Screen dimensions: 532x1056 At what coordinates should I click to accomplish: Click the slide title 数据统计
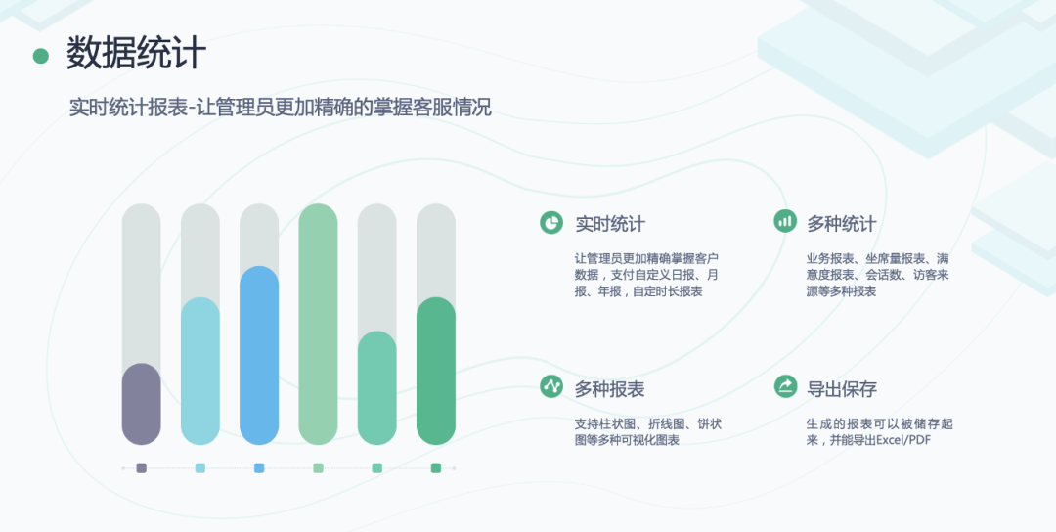pyautogui.click(x=136, y=54)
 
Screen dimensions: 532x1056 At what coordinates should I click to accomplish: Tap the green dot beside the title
pyautogui.click(x=41, y=56)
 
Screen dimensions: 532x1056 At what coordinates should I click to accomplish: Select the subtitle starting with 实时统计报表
pyautogui.click(x=281, y=108)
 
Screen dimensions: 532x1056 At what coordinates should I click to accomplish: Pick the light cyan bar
pyautogui.click(x=200, y=372)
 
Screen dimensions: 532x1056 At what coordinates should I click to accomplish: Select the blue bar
pyautogui.click(x=259, y=356)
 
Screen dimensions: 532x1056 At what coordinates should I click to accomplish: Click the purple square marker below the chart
pyautogui.click(x=142, y=468)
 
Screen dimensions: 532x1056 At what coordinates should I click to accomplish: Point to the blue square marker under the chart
pyautogui.click(x=259, y=468)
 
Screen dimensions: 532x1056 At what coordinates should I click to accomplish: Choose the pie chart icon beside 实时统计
pyautogui.click(x=551, y=222)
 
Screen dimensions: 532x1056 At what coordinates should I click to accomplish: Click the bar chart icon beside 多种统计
pyautogui.click(x=784, y=222)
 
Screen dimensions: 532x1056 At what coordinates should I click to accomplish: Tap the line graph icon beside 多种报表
pyautogui.click(x=551, y=386)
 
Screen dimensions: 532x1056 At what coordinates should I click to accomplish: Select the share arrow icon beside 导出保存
pyautogui.click(x=784, y=386)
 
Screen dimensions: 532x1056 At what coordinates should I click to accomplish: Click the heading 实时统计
pyautogui.click(x=610, y=224)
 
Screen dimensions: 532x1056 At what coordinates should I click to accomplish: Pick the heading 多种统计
pyautogui.click(x=841, y=224)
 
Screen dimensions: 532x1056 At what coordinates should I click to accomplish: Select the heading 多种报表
pyautogui.click(x=610, y=388)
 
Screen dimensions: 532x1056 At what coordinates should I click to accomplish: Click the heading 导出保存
pyautogui.click(x=841, y=388)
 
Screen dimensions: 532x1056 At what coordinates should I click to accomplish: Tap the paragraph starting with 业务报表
pyautogui.click(x=877, y=275)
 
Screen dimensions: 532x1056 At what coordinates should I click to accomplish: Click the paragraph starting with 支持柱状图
pyautogui.click(x=648, y=431)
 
